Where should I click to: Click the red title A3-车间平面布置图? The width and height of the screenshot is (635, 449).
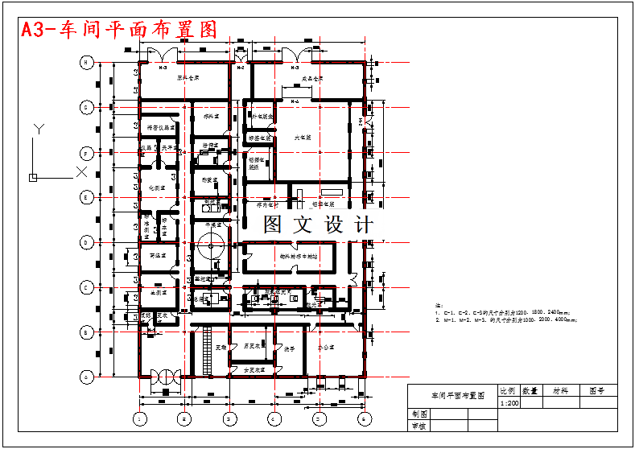click(119, 30)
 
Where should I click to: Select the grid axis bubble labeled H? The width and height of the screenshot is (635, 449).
click(86, 62)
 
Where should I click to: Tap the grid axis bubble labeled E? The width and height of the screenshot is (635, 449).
click(86, 196)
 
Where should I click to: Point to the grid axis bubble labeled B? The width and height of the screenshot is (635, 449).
click(86, 332)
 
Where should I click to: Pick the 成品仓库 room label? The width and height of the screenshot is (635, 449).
click(312, 79)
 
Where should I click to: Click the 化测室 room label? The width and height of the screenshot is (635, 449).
click(157, 187)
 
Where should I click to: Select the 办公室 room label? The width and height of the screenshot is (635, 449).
click(325, 348)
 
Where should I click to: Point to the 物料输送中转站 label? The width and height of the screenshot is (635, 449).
click(299, 257)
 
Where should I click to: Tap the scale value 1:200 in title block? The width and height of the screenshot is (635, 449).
click(509, 402)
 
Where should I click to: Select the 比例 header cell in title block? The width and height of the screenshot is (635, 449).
click(509, 390)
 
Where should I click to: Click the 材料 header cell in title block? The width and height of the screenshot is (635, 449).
click(559, 390)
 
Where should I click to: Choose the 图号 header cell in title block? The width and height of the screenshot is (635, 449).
click(596, 390)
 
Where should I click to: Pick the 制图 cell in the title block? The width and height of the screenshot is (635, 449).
click(419, 414)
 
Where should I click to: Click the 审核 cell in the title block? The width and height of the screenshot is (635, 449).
click(419, 426)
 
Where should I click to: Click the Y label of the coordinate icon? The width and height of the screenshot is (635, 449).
click(38, 128)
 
